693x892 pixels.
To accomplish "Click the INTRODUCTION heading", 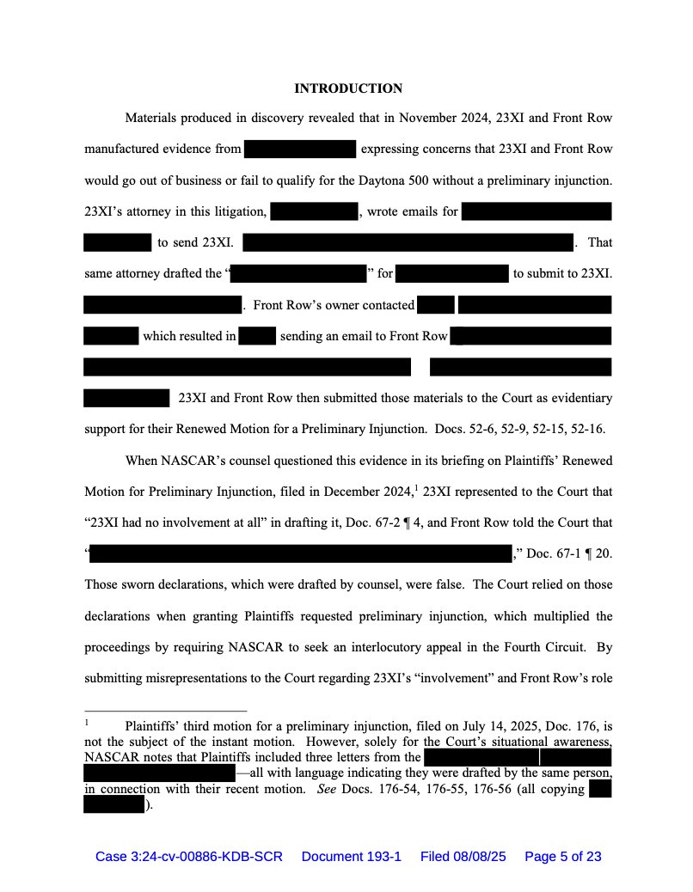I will [x=348, y=89].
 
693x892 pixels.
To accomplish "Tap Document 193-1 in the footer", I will [x=351, y=857].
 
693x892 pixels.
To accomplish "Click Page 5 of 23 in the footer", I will [x=562, y=857].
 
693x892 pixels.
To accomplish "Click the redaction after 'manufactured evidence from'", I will [x=300, y=150].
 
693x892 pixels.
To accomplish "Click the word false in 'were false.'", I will [x=448, y=585].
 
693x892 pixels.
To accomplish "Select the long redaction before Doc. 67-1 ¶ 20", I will [x=301, y=553].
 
